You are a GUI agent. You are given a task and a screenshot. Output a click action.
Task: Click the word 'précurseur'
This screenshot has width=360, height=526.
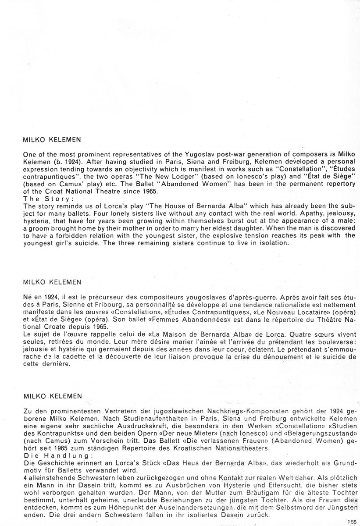99,296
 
